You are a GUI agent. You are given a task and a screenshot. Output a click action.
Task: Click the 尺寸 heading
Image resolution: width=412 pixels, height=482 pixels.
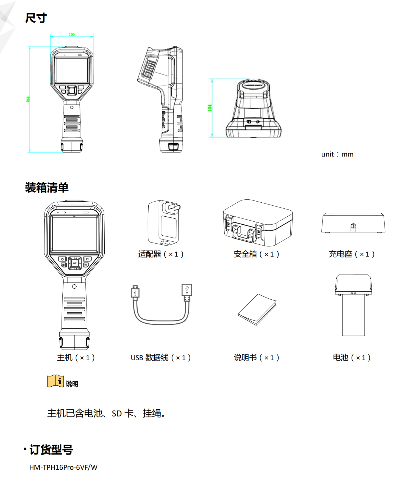(x=36, y=18)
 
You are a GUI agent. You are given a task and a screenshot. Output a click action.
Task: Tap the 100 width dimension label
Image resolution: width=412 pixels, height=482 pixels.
(x=72, y=35)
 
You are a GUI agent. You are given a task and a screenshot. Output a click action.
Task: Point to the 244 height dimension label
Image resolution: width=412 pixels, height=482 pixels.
(x=28, y=99)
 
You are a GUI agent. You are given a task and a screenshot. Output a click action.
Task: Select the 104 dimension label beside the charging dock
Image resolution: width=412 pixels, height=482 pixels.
(x=210, y=108)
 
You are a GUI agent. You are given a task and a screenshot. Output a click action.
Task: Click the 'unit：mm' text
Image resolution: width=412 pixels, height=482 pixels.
(x=337, y=154)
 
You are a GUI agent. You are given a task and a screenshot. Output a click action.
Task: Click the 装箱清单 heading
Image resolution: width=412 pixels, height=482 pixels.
(x=47, y=188)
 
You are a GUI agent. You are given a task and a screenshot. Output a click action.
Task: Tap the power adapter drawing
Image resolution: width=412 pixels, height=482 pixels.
(x=164, y=222)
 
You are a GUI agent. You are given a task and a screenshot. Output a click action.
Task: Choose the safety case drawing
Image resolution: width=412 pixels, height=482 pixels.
(x=258, y=223)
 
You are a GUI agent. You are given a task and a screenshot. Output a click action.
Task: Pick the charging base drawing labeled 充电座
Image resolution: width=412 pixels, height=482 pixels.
(x=353, y=223)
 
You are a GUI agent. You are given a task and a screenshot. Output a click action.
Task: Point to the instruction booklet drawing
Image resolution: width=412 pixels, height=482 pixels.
(x=257, y=309)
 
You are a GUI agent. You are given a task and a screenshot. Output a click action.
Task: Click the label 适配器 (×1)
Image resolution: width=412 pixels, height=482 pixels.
(x=161, y=254)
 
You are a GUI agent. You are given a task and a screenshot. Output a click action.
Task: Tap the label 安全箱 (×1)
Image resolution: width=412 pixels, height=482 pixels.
(x=257, y=254)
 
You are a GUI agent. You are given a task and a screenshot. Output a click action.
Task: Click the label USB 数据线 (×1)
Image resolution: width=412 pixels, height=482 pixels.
(x=161, y=357)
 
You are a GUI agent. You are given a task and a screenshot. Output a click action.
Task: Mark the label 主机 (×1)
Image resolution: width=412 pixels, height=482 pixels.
(x=76, y=357)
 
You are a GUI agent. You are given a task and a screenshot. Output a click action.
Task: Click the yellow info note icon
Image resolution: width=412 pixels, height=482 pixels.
(x=55, y=381)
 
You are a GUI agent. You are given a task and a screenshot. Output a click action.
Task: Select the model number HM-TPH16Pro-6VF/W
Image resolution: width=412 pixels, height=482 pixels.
(x=63, y=467)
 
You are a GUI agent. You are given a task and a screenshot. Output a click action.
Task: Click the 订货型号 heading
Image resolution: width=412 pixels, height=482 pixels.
(x=51, y=450)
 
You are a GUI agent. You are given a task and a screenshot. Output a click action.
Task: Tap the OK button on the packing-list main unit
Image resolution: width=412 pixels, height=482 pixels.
(x=74, y=263)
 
